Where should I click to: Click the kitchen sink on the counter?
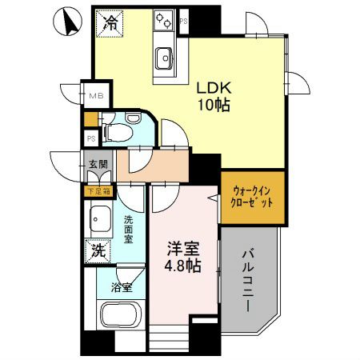point(165,58)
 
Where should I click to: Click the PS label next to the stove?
point(184,21)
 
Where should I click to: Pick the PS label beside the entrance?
point(90,138)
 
